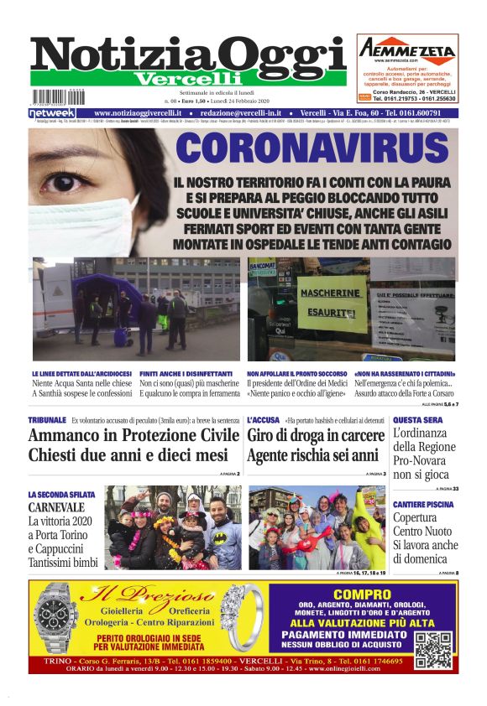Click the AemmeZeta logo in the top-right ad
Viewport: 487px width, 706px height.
tap(407, 50)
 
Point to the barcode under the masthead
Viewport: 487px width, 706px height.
tap(58, 96)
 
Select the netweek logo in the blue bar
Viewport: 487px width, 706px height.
tap(51, 113)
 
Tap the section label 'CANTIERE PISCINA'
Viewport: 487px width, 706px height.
tap(423, 505)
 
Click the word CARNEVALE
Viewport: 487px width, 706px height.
tap(56, 508)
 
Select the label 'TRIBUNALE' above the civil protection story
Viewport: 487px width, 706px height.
tap(47, 419)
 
